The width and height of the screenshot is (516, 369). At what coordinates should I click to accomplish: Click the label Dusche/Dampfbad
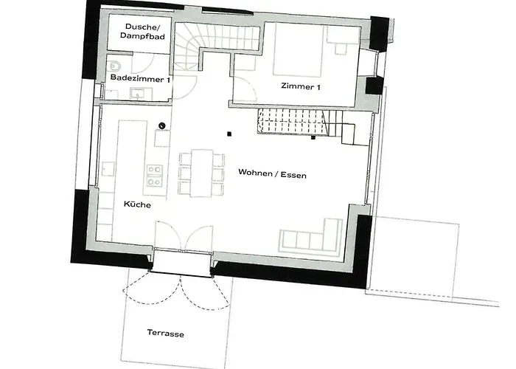pyautogui.click(x=141, y=31)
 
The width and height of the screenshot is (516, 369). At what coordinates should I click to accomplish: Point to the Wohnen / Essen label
pyautogui.click(x=272, y=175)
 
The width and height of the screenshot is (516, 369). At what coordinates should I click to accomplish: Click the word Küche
pyautogui.click(x=137, y=205)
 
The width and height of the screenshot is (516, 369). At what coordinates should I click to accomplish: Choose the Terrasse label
pyautogui.click(x=165, y=334)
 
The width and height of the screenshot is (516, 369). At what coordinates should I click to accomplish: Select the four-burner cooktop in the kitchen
pyautogui.click(x=154, y=175)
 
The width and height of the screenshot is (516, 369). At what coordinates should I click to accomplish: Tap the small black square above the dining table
pyautogui.click(x=229, y=134)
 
